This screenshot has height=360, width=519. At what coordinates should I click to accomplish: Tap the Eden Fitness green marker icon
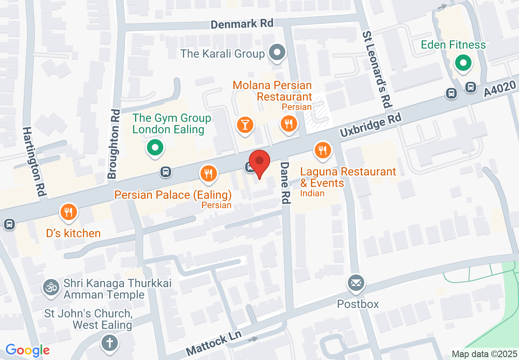(463, 64)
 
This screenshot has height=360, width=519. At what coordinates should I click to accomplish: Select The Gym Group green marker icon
(154, 148)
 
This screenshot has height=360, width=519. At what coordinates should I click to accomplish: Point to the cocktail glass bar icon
(245, 124)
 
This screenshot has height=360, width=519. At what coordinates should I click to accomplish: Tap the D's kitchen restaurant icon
(69, 212)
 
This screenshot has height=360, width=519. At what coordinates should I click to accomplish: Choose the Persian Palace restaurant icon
(209, 174)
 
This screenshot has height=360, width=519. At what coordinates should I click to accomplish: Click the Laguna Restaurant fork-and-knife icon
(323, 151)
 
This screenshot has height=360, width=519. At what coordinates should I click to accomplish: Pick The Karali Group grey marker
(277, 53)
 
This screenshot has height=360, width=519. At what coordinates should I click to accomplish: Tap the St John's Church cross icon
(109, 343)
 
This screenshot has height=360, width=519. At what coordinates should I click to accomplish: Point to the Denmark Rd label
(242, 24)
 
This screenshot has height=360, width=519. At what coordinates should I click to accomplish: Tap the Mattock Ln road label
(213, 343)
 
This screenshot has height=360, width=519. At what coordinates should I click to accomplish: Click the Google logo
(28, 350)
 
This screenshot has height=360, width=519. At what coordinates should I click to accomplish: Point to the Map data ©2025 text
(484, 354)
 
